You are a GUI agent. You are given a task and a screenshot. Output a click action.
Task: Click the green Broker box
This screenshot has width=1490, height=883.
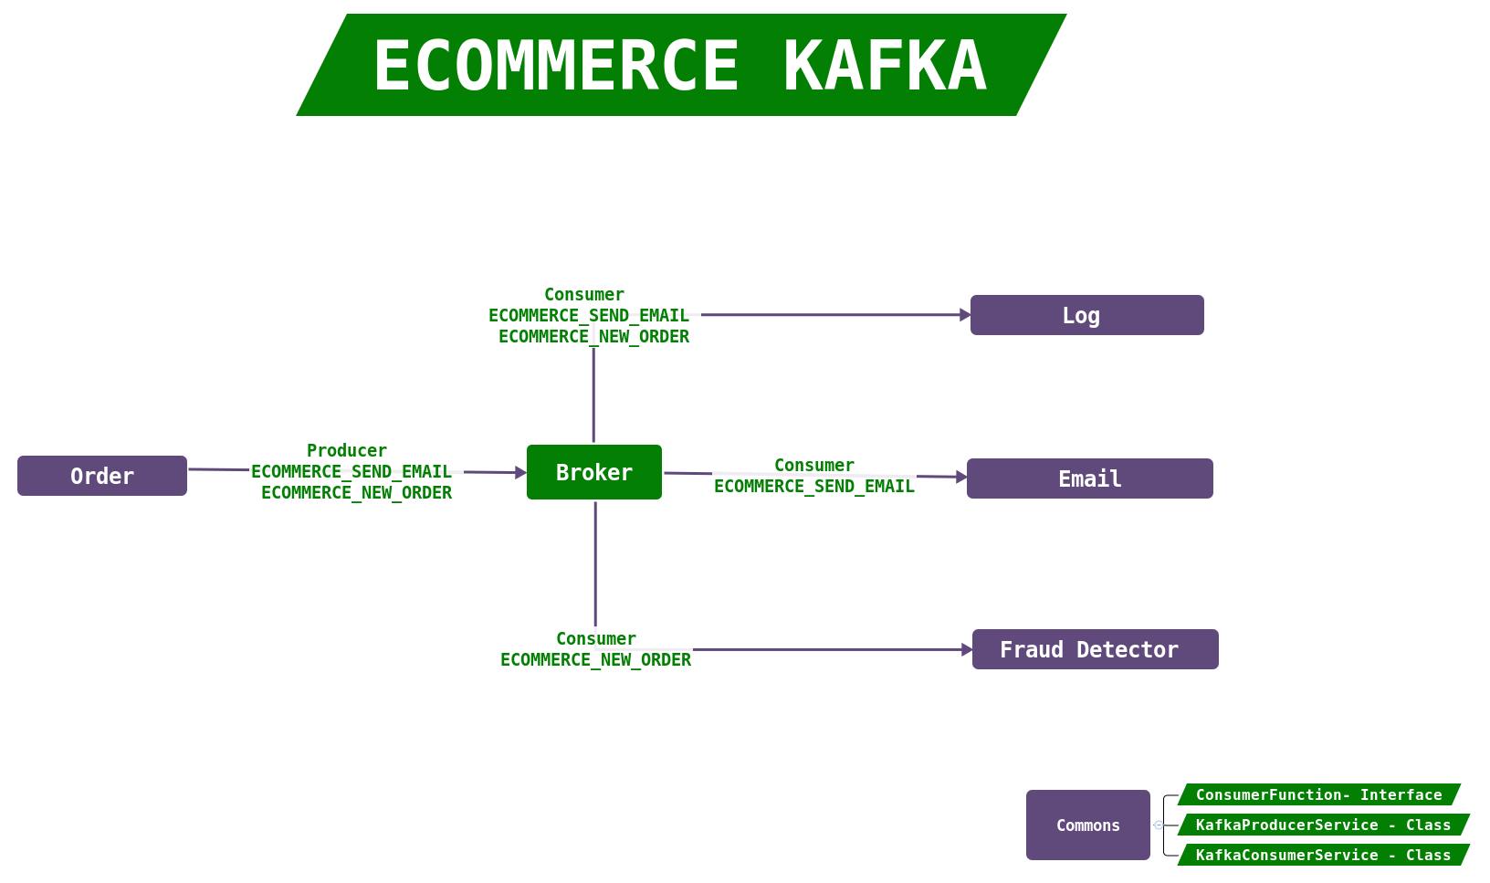(x=594, y=472)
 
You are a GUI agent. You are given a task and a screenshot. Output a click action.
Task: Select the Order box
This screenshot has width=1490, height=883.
(x=102, y=476)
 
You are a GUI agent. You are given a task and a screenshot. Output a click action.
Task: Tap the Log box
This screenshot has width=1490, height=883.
(x=1086, y=315)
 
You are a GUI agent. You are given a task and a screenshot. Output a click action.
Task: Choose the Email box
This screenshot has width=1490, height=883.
(x=1089, y=478)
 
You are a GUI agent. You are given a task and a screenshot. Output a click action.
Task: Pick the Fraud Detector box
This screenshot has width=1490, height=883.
(x=1095, y=649)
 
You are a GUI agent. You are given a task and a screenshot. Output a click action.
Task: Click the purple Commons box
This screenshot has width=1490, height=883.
(x=1087, y=825)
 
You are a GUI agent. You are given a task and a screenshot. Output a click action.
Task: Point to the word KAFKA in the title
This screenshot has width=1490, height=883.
(x=885, y=66)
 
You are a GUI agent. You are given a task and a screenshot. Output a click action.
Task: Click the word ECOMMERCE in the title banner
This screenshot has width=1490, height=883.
(x=556, y=66)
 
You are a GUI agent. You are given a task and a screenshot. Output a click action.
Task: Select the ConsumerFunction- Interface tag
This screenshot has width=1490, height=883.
(x=1318, y=794)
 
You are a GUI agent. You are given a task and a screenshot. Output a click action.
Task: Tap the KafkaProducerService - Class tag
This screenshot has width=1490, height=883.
(x=1323, y=825)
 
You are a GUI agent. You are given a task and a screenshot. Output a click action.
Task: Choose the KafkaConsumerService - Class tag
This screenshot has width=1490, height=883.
(x=1323, y=855)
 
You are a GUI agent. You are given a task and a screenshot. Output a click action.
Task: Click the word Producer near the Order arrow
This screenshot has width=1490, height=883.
(x=347, y=450)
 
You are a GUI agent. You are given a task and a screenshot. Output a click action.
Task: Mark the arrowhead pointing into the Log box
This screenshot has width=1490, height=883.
(x=965, y=315)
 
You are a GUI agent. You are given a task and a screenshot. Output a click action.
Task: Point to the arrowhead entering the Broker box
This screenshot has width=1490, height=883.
(x=521, y=473)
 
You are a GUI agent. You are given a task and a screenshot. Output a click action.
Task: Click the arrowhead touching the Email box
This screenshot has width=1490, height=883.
(x=961, y=477)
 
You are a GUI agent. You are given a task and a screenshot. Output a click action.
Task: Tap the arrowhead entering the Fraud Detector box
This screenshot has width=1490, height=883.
(x=967, y=650)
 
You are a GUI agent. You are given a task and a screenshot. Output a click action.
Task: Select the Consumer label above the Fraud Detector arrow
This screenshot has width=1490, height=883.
(x=596, y=638)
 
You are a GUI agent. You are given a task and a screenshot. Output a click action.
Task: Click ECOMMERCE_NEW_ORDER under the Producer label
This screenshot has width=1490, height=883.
(x=356, y=493)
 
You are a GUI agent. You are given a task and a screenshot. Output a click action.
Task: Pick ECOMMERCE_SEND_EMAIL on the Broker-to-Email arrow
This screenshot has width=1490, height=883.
(x=814, y=487)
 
